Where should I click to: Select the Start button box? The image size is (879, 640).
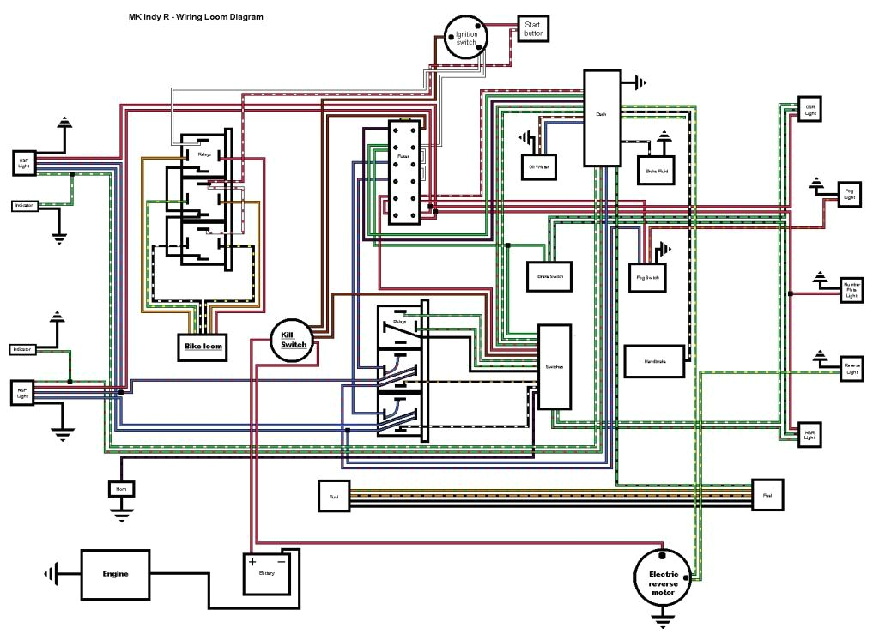(533, 29)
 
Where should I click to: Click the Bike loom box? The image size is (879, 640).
(202, 346)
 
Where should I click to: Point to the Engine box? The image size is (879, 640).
(115, 574)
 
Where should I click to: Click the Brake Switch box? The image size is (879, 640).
(549, 276)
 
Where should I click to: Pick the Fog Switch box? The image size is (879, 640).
(648, 276)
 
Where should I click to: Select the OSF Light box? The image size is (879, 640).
(23, 162)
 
